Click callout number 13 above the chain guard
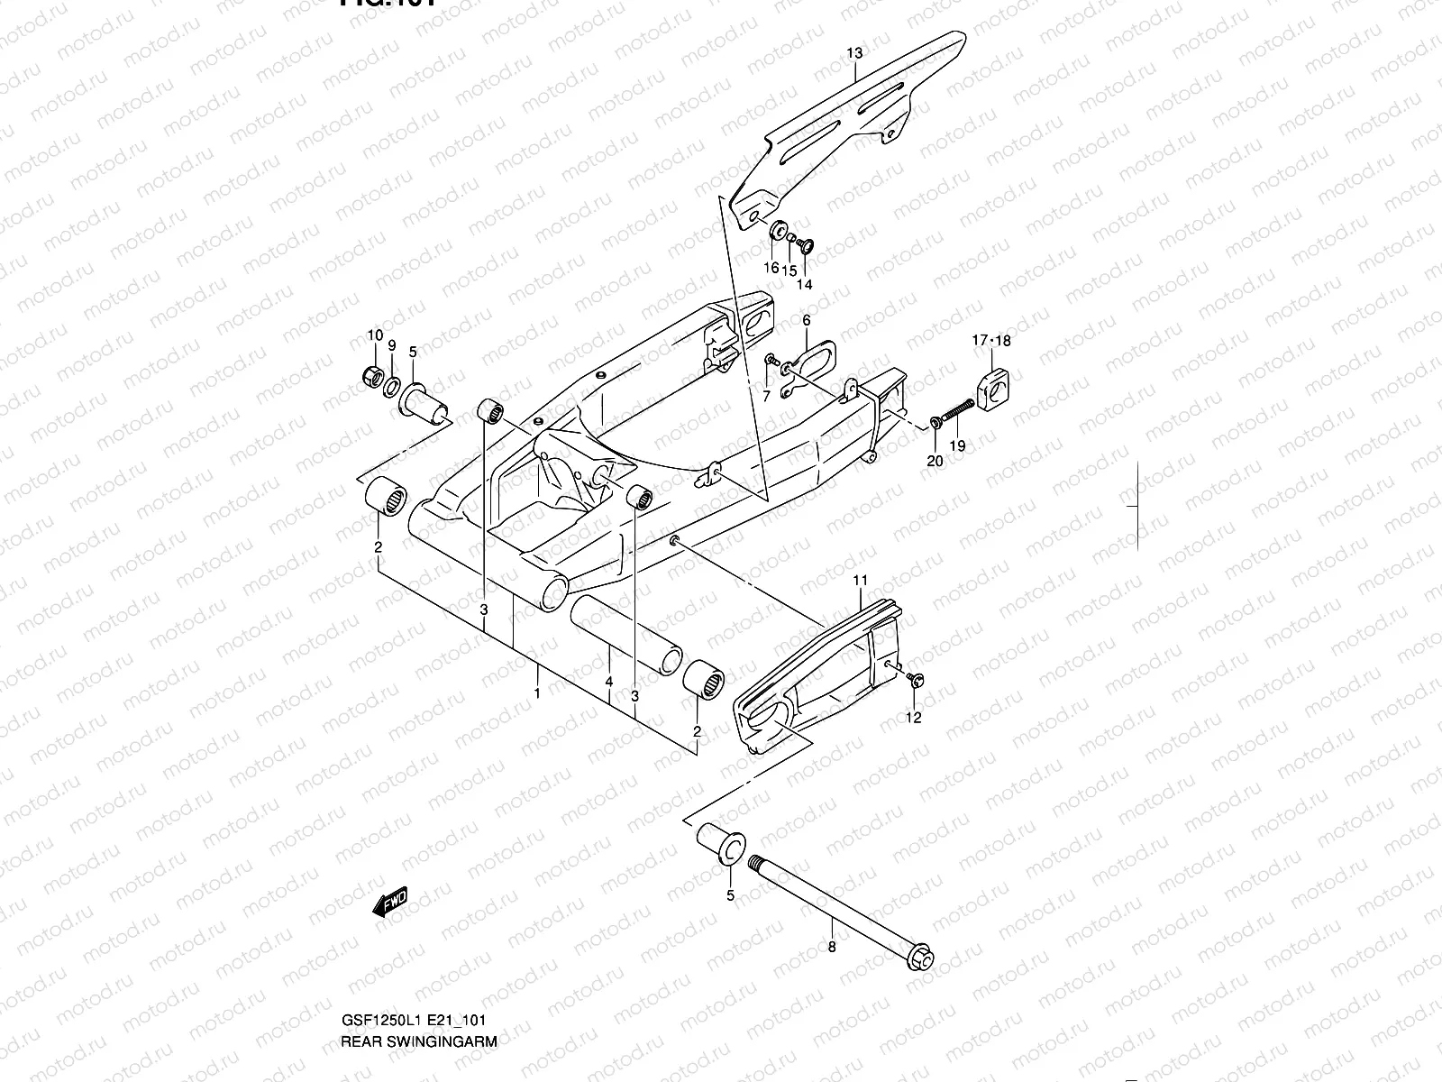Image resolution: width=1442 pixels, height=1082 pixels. (854, 54)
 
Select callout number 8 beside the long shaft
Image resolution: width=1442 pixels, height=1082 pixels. (831, 947)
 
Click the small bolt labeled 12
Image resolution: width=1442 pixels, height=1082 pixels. (916, 678)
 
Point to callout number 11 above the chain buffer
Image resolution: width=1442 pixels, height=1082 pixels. (860, 579)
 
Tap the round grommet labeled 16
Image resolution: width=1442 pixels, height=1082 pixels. (777, 230)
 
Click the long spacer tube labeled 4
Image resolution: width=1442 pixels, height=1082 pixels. (622, 635)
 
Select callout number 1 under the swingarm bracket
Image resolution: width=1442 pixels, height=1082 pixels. (537, 693)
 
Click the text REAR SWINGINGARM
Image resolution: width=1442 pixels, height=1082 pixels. (418, 1040)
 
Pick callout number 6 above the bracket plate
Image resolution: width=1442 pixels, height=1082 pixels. (807, 320)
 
